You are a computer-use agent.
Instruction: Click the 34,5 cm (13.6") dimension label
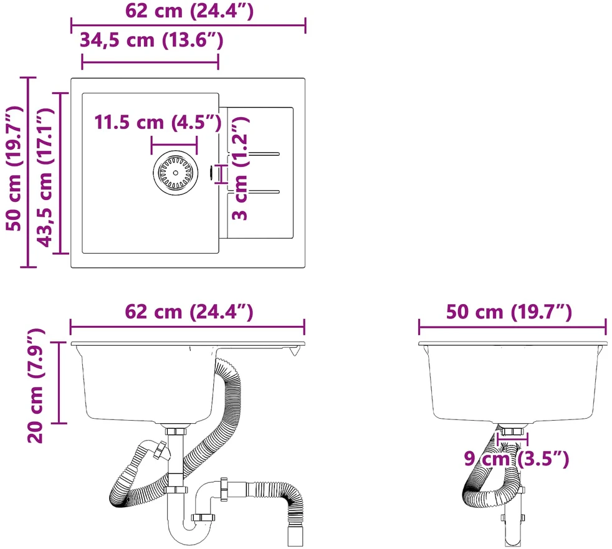[x=151, y=41]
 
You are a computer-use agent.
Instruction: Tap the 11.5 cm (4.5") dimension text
[x=158, y=123]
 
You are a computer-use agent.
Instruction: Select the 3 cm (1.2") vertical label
[x=240, y=168]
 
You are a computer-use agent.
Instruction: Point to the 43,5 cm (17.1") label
[x=45, y=178]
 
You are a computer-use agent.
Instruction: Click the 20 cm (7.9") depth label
[x=36, y=386]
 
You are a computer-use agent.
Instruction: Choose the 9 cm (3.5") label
[x=517, y=459]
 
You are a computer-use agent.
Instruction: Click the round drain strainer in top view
[x=175, y=173]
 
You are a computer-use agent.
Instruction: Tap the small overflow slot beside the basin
[x=211, y=173]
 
